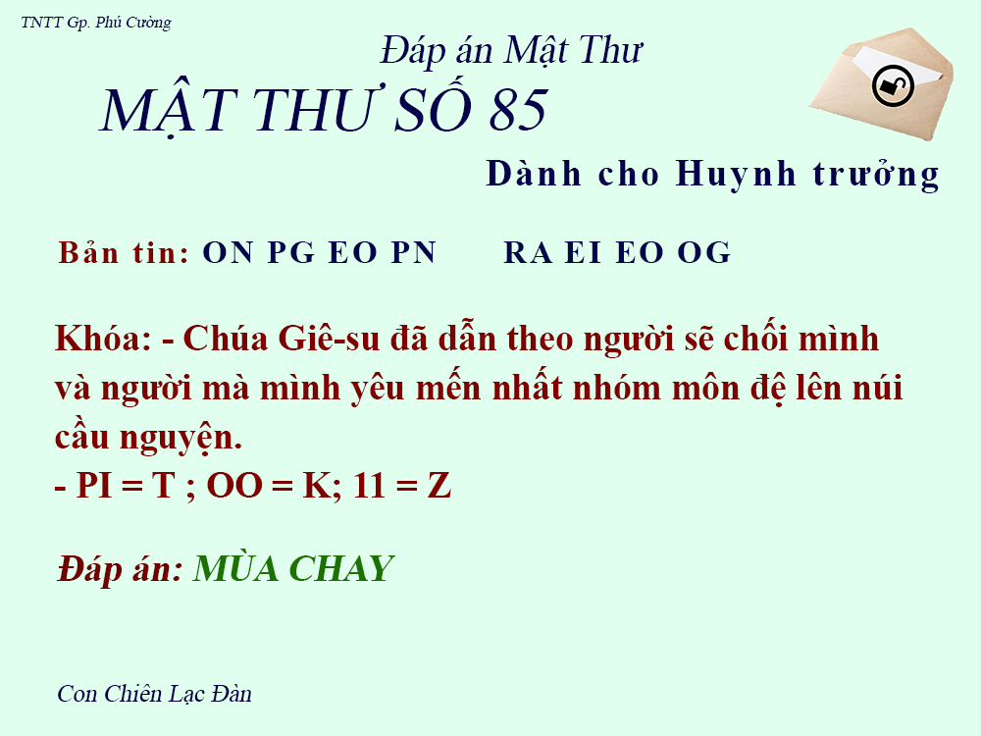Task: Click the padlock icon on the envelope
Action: pos(893,86)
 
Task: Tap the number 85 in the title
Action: pos(518,110)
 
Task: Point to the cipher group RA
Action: pos(529,253)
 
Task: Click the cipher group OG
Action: pos(703,253)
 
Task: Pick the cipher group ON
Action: pos(228,253)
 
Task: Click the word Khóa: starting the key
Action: pos(102,340)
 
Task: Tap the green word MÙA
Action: pos(235,568)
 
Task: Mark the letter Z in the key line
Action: pos(439,486)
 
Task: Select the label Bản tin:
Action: pos(124,253)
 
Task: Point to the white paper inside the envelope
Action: pos(883,59)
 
